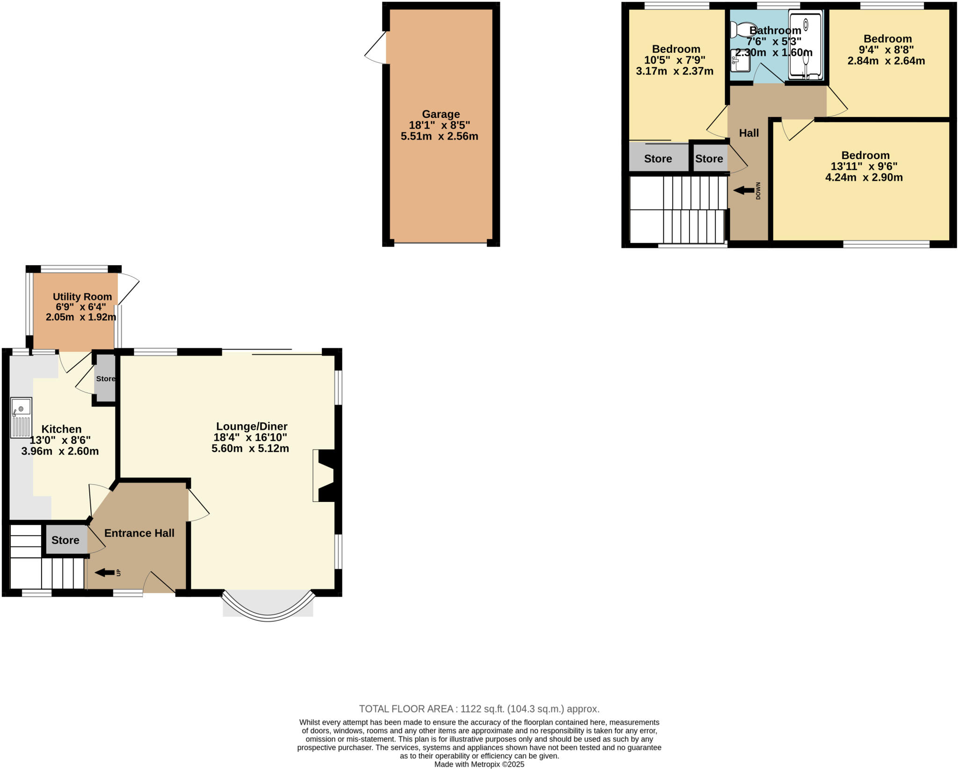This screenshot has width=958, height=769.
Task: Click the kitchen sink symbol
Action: (x=21, y=417)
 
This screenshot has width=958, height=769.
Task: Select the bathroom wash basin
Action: (x=740, y=61)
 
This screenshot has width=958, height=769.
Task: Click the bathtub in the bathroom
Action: (x=805, y=46)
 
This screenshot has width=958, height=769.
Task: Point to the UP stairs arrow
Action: (x=105, y=573)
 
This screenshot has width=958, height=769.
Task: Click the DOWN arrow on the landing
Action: (x=743, y=190)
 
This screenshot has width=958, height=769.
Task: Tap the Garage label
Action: (x=441, y=114)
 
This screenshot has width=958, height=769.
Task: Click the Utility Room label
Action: (x=82, y=297)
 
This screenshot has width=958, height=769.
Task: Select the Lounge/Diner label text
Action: (x=252, y=426)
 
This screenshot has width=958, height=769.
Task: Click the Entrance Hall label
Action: (x=139, y=533)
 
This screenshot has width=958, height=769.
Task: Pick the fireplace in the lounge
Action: (x=326, y=476)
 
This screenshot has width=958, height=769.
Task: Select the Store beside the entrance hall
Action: (x=65, y=540)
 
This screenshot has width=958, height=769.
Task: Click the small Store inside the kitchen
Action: (x=105, y=378)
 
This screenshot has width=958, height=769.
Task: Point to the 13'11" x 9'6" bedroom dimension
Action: (x=864, y=167)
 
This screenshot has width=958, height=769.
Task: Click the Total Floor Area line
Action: (x=479, y=709)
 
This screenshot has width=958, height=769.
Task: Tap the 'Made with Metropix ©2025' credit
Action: (x=479, y=764)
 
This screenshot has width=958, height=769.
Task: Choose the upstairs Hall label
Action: (x=748, y=133)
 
